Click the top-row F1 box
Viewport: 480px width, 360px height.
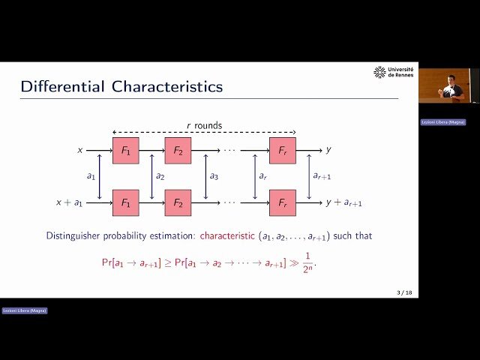coord(125,150)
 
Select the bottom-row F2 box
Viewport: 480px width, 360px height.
coord(178,202)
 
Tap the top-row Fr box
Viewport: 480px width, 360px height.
coord(283,150)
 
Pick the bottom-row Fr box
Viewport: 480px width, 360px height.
coord(283,202)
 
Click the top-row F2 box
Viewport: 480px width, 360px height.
coord(178,150)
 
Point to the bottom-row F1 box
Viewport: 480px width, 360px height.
coord(125,202)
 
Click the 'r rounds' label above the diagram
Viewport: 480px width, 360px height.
coord(204,125)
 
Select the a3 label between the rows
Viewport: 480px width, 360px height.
coord(214,176)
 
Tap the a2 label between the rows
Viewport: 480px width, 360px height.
coord(160,176)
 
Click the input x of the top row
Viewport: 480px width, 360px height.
coord(80,150)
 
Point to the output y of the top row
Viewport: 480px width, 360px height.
coord(328,150)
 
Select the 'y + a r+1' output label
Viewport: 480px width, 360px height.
coord(343,202)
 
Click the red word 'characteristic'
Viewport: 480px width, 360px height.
coord(227,236)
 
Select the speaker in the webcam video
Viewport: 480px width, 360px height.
coord(451,88)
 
